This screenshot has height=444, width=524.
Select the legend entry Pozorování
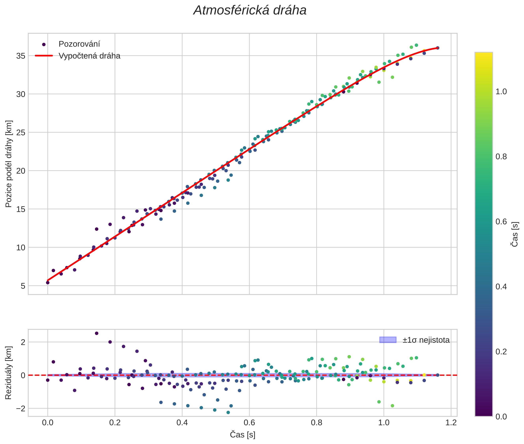click(79, 44)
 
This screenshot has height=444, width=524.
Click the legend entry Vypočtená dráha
click(89, 56)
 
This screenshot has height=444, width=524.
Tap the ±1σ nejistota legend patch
click(388, 340)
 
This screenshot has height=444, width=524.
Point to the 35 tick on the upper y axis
click(21, 56)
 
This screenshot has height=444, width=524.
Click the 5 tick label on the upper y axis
click(23, 286)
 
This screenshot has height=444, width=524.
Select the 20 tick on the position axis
click(21, 171)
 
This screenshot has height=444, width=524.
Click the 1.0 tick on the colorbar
click(501, 92)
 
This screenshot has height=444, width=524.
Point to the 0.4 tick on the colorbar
click(501, 287)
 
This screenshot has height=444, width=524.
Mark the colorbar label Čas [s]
click(515, 234)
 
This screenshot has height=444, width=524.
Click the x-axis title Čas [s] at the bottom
click(242, 435)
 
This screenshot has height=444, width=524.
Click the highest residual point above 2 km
click(96, 333)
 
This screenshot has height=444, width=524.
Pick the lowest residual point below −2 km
click(228, 412)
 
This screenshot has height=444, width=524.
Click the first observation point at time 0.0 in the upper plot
click(48, 282)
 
